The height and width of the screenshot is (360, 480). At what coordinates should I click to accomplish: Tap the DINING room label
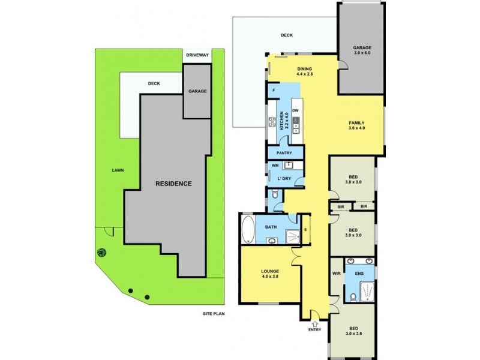305,71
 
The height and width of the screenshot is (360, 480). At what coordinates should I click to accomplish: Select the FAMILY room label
357,125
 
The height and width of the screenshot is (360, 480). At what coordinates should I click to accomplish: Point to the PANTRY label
284,153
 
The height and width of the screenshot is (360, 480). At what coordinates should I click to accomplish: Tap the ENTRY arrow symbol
315,321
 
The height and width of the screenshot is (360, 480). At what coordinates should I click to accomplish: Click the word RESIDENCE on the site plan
174,184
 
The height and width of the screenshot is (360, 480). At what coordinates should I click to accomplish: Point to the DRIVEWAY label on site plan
197,55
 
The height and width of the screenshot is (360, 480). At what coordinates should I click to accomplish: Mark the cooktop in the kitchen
272,123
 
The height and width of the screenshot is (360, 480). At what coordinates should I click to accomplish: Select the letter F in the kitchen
274,91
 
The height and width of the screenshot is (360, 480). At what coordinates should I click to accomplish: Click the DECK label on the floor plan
286,35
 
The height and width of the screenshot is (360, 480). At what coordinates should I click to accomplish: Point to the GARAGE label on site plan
197,91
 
